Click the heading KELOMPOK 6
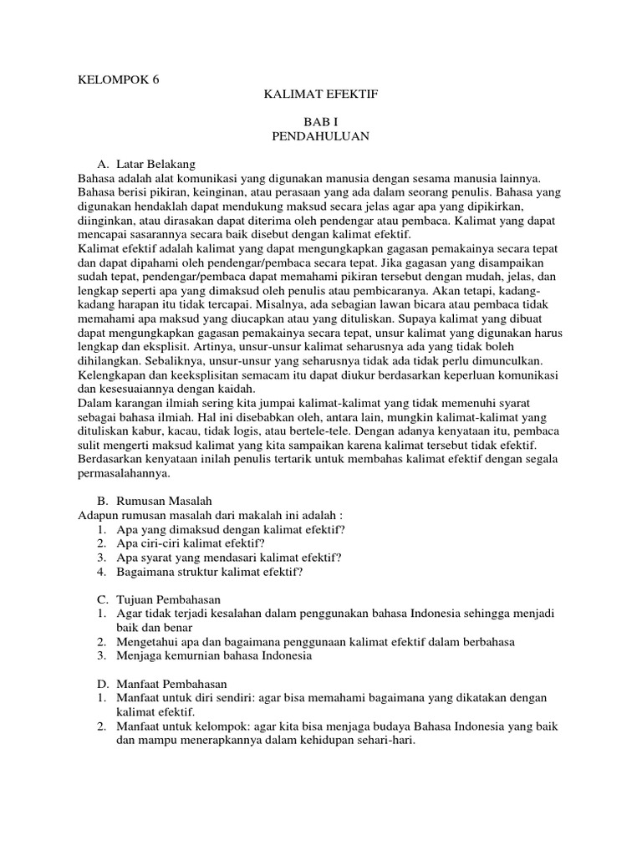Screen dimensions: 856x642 tap(118, 80)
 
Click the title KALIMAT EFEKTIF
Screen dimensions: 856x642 tap(321, 95)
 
